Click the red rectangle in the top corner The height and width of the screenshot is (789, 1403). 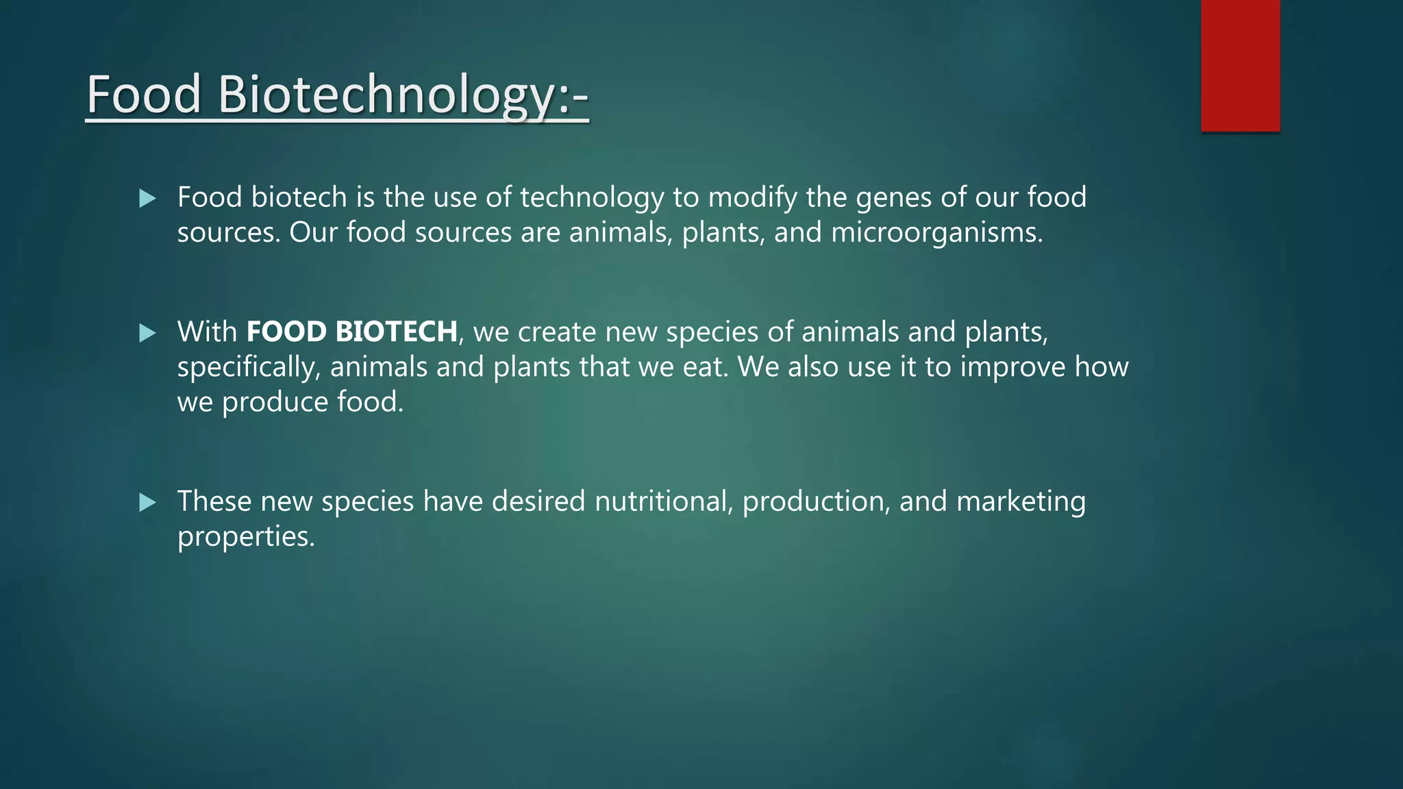point(1240,65)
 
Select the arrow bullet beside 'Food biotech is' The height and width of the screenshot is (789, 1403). point(147,199)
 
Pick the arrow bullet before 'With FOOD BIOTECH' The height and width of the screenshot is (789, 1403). point(147,334)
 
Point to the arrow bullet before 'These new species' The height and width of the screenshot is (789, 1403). point(147,503)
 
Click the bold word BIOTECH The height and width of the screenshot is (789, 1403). point(397,332)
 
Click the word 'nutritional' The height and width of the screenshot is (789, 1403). point(662,501)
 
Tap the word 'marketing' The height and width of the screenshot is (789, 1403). point(1021,502)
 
